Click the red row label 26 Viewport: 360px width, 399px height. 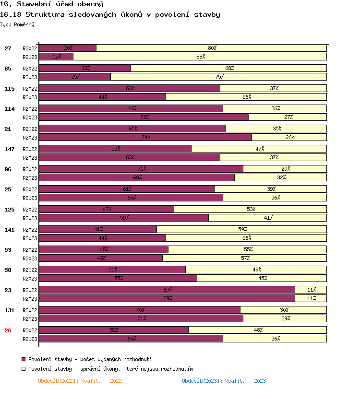[x=8, y=330]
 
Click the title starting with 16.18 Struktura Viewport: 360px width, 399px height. [x=110, y=14]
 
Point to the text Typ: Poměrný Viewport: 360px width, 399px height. [x=17, y=24]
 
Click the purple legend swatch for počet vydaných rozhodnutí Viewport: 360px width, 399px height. [x=24, y=359]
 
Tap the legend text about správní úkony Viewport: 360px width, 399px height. [x=110, y=369]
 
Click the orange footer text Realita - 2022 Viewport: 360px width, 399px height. [x=80, y=381]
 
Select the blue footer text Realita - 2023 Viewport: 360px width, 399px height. [x=224, y=381]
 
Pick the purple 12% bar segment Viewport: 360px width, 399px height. [x=56, y=57]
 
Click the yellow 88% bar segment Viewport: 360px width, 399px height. [x=200, y=57]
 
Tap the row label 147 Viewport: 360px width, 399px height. [x=9, y=149]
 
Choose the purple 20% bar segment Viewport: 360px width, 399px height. [x=68, y=48]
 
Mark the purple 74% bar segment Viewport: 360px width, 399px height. [x=145, y=137]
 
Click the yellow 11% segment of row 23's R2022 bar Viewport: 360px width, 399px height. [x=311, y=290]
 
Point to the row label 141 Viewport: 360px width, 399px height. [x=9, y=229]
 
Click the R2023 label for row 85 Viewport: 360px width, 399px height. [x=30, y=77]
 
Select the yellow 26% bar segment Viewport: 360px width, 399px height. [x=289, y=137]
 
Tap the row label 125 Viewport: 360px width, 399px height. [x=9, y=209]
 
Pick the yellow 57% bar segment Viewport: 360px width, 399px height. [x=245, y=258]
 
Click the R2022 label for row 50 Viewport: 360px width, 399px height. [x=30, y=270]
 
